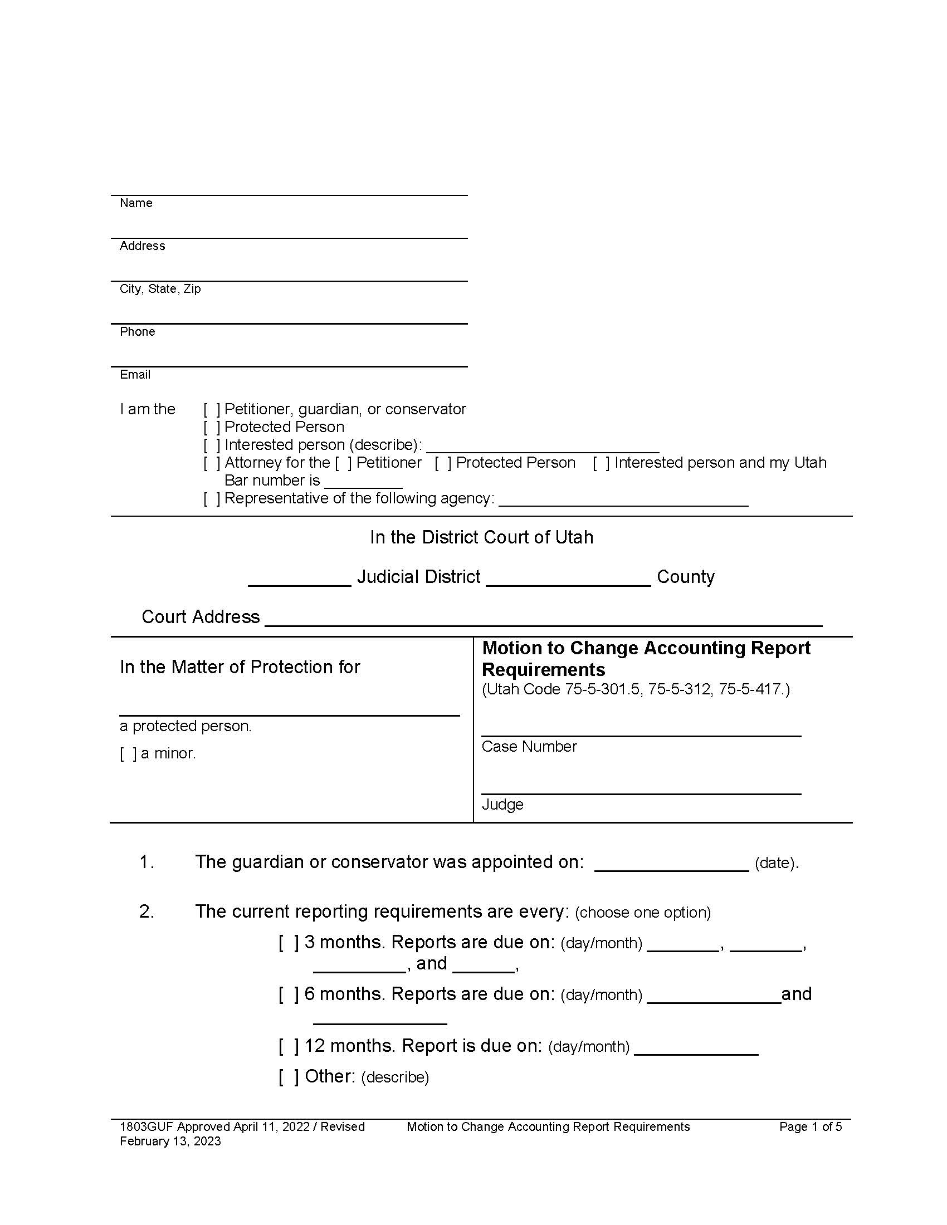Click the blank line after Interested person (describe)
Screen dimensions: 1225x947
(x=542, y=447)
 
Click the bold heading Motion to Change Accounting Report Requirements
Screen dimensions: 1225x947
(x=646, y=659)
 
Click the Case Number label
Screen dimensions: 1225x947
(x=529, y=747)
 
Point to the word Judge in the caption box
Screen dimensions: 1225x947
(x=502, y=805)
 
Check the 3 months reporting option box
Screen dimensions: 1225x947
(x=289, y=942)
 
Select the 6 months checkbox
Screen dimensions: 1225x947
(x=289, y=994)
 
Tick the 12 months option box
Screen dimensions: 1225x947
(x=289, y=1046)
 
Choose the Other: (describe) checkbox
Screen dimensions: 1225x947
(x=289, y=1076)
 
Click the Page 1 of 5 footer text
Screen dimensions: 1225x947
(x=810, y=1127)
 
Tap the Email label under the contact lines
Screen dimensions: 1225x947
(x=135, y=375)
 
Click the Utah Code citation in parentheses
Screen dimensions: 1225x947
(x=636, y=689)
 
